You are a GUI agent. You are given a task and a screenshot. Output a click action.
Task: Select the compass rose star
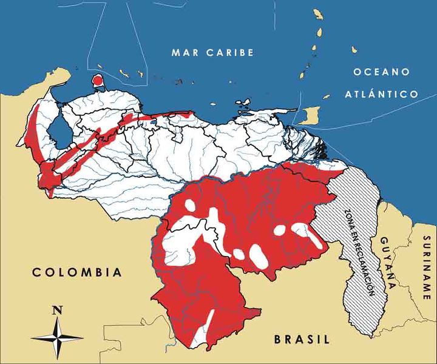point(58,336)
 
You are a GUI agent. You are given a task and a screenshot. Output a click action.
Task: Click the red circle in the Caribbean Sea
point(97,80)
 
